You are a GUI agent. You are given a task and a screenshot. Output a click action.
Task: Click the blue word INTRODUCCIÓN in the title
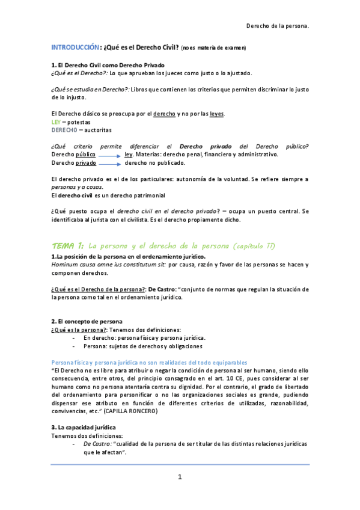(75, 47)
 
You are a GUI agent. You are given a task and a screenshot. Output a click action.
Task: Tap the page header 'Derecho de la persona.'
(278, 26)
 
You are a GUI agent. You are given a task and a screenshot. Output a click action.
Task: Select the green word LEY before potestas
(56, 121)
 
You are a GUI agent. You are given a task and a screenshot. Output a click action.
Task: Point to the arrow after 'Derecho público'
(109, 155)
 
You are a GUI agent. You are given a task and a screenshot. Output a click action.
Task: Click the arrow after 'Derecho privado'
(109, 162)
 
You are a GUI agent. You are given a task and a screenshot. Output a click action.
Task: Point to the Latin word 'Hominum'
(64, 264)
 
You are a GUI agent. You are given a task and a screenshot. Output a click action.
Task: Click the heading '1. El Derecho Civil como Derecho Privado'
(108, 64)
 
